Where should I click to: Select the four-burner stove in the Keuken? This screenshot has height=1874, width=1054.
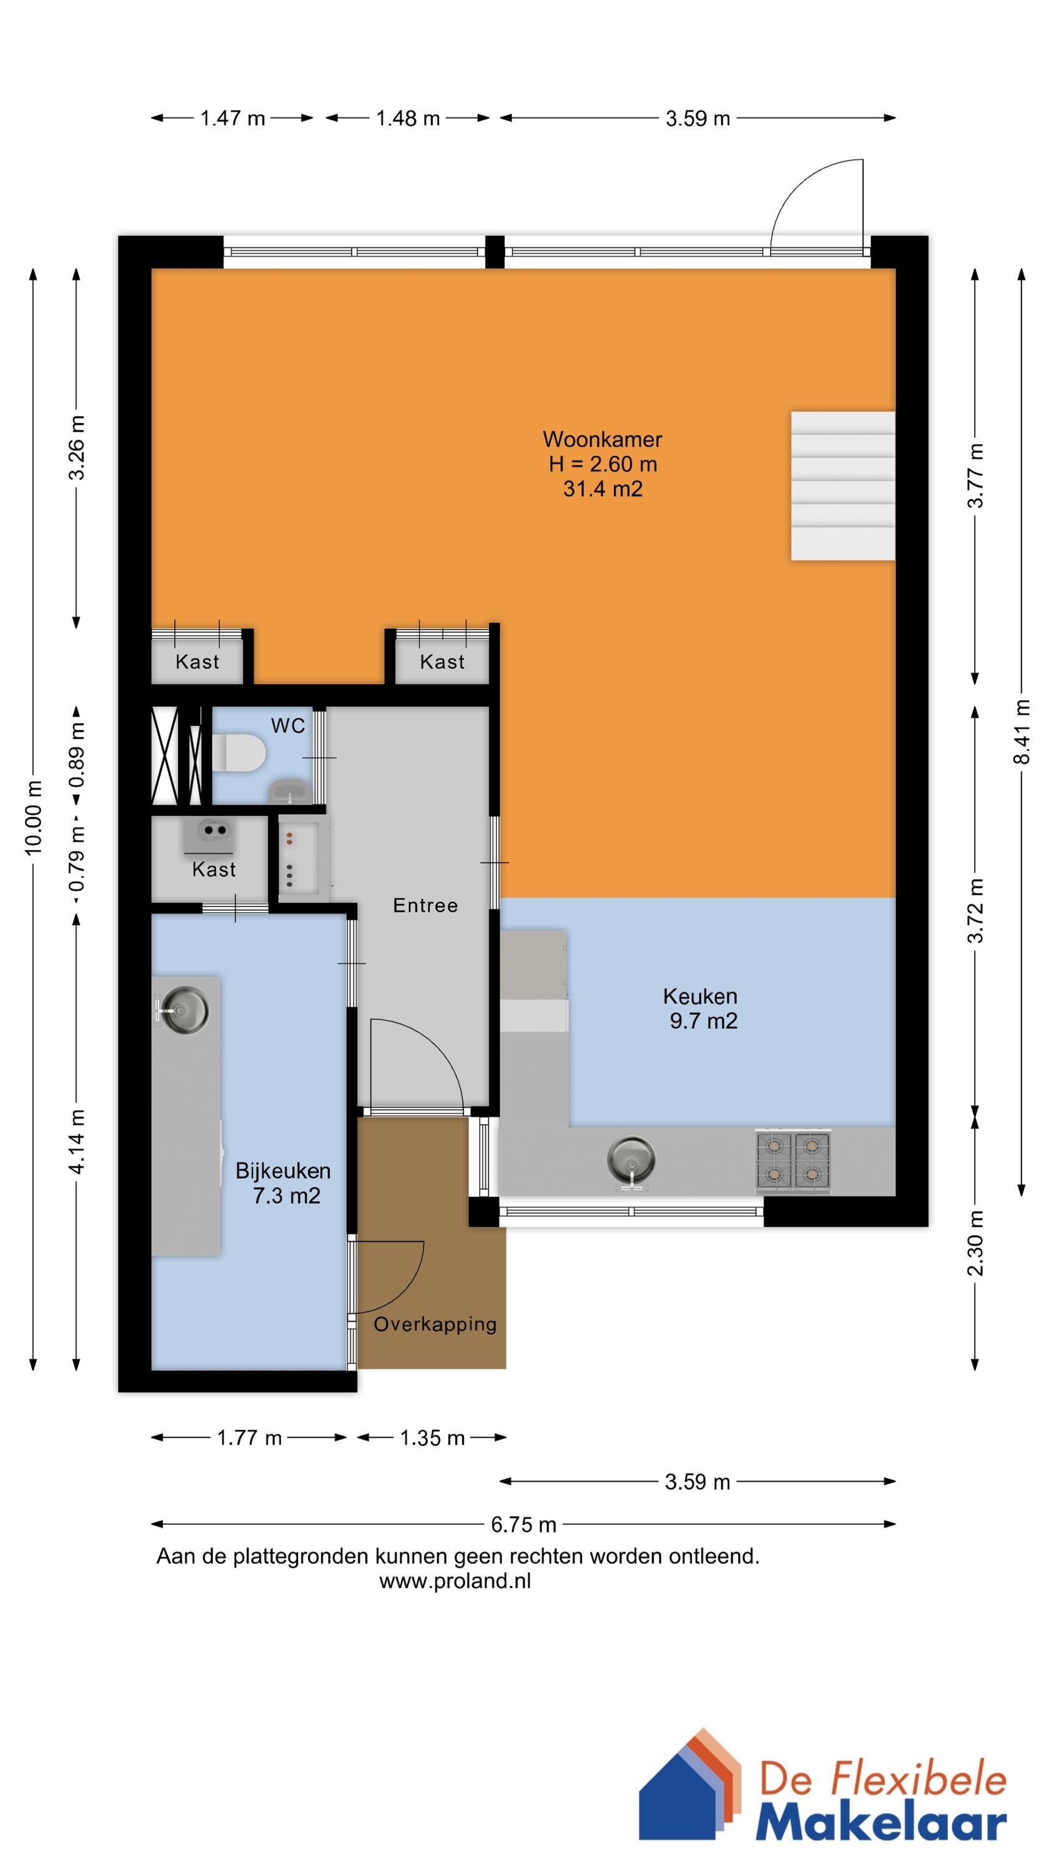point(792,1161)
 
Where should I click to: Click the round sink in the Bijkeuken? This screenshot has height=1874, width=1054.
point(184,1009)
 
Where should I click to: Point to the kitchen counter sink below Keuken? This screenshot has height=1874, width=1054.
point(631,1159)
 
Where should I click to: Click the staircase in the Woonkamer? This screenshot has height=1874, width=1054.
point(842,486)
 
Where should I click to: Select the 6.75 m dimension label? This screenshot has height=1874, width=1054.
point(523,1524)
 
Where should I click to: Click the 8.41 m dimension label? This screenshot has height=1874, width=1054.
point(1022,731)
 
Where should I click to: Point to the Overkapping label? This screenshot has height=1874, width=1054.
point(435,1324)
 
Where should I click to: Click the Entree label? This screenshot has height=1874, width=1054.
point(425,906)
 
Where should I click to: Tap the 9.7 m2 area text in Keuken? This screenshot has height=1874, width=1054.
point(702,1021)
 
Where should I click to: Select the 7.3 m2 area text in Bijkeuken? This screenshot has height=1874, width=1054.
point(286,1195)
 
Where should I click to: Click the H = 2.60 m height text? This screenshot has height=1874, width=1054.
point(603,464)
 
